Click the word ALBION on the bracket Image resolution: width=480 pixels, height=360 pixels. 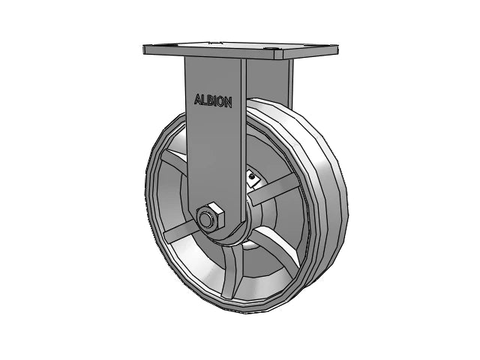point(212,100)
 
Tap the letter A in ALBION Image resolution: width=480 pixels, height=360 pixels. point(198,100)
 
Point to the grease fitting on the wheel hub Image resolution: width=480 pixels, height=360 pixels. point(253,177)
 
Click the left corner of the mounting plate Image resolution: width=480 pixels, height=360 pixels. point(144,51)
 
